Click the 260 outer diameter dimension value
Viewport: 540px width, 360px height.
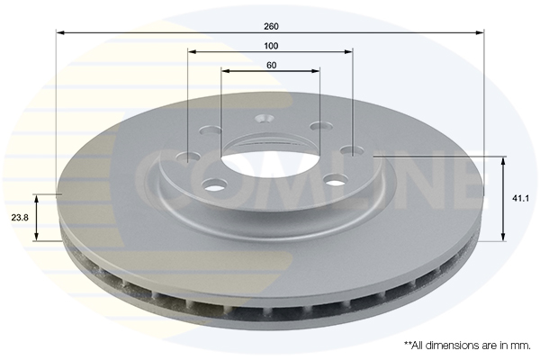click(270, 25)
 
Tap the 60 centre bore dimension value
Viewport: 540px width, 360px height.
click(270, 65)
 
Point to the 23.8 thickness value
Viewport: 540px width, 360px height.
click(20, 217)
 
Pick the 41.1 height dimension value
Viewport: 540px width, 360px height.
click(520, 198)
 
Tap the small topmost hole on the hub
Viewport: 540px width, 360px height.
click(265, 117)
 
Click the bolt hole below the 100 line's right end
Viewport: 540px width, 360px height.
click(351, 149)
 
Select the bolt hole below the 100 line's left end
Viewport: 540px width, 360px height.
click(188, 158)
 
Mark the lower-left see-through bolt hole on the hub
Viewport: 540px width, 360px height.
click(214, 185)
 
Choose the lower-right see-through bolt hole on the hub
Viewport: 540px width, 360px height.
click(336, 180)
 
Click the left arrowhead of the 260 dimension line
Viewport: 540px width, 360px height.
click(60, 33)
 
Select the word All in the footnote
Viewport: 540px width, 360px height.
click(418, 345)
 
